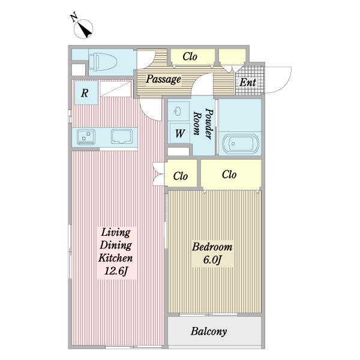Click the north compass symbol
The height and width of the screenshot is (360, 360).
click(x=83, y=29)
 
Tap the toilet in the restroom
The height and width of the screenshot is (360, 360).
click(x=103, y=62)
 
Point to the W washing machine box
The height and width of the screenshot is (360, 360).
click(x=180, y=133)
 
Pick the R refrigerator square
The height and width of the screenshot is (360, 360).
click(x=85, y=93)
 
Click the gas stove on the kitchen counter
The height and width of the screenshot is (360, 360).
click(x=86, y=137)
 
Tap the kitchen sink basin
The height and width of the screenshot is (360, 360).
click(x=122, y=136)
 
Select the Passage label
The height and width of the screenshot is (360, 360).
click(x=163, y=79)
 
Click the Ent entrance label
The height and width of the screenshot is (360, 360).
click(x=248, y=82)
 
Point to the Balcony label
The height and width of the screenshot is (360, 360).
click(x=209, y=332)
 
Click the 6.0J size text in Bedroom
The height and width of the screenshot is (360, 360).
click(x=212, y=260)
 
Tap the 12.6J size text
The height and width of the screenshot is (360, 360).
click(x=116, y=271)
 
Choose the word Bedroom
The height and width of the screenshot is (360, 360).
click(x=212, y=247)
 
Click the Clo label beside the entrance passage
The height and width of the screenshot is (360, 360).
click(x=190, y=56)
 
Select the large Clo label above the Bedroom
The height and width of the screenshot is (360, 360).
click(x=229, y=175)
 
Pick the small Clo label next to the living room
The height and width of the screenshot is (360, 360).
click(x=181, y=176)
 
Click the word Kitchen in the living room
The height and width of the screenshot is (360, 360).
click(x=115, y=258)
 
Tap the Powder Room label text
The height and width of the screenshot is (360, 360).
click(x=203, y=124)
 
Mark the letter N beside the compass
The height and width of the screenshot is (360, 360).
click(x=73, y=17)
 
